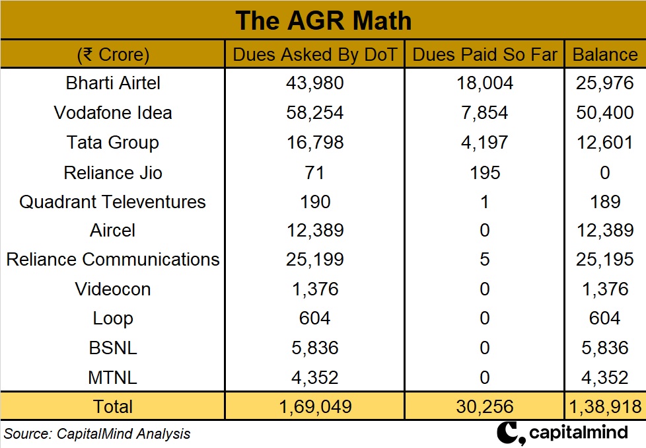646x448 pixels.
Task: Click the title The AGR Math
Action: pyautogui.click(x=323, y=20)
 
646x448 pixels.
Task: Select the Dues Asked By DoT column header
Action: pyautogui.click(x=314, y=54)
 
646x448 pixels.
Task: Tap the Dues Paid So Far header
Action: pyautogui.click(x=485, y=54)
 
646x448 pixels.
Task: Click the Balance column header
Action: pyautogui.click(x=605, y=54)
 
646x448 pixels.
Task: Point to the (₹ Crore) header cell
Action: pyautogui.click(x=113, y=54)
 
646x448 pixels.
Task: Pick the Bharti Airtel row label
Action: pyautogui.click(x=113, y=83)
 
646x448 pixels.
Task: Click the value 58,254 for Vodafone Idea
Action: pyautogui.click(x=314, y=112)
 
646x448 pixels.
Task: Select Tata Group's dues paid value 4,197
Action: pyautogui.click(x=485, y=142)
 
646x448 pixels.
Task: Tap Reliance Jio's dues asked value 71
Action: pyautogui.click(x=314, y=172)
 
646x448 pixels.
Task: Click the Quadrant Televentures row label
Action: pyautogui.click(x=113, y=202)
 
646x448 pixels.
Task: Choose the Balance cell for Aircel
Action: pyautogui.click(x=605, y=231)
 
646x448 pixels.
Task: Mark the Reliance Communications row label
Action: pyautogui.click(x=113, y=259)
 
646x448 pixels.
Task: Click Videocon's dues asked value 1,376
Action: pyautogui.click(x=314, y=289)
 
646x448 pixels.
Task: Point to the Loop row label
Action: pyautogui.click(x=113, y=318)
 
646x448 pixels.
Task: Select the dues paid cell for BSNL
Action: pyautogui.click(x=485, y=348)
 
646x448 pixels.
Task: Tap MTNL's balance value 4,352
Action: pyautogui.click(x=605, y=377)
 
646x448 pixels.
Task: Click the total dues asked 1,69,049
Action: pyautogui.click(x=314, y=406)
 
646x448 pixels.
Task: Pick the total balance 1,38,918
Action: pyautogui.click(x=605, y=406)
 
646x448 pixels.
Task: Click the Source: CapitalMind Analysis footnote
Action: pyautogui.click(x=98, y=434)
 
